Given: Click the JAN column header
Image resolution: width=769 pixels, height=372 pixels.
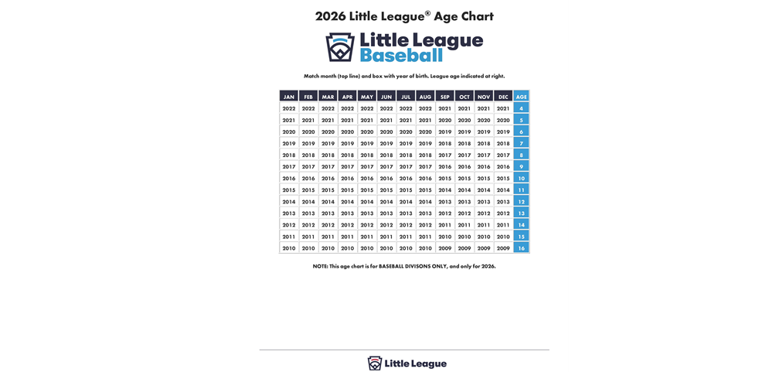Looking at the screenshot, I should click(x=289, y=97).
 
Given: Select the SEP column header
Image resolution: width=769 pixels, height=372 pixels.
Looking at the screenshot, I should click(x=444, y=97).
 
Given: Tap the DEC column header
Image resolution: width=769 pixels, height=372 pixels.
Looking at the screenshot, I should click(x=503, y=97).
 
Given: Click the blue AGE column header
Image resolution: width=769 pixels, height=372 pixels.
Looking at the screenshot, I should click(x=522, y=97).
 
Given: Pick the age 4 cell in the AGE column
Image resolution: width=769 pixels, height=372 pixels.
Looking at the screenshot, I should click(x=522, y=108).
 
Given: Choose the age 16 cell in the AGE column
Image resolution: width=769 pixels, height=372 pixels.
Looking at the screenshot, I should click(x=522, y=248).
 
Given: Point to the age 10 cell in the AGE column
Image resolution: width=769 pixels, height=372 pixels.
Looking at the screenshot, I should click(x=522, y=178).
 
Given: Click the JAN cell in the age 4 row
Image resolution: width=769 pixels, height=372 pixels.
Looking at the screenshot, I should click(x=289, y=108).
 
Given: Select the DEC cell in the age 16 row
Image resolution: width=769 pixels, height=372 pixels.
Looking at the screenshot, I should click(x=503, y=248).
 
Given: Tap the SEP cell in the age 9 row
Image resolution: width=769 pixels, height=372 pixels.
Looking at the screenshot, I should click(x=444, y=166).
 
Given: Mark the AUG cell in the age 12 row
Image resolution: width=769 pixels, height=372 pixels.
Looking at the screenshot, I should click(x=425, y=201).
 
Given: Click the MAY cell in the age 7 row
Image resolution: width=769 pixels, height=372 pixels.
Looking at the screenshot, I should click(x=367, y=143).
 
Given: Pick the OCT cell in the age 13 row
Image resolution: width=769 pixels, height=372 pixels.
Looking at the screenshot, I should click(x=464, y=213).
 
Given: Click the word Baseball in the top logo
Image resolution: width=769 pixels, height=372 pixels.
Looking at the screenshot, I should click(x=401, y=56).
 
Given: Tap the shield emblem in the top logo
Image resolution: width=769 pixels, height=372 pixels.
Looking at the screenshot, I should click(x=340, y=47).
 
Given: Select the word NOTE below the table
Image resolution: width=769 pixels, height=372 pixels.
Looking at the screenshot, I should click(x=320, y=266).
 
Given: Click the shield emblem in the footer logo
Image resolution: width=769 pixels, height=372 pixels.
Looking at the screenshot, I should click(x=375, y=363).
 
